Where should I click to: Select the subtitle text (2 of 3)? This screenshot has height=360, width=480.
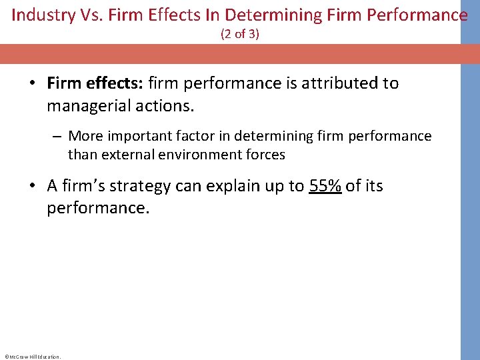point(240,33)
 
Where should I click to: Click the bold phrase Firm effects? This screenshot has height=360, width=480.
point(95,83)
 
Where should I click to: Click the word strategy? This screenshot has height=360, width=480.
point(142,186)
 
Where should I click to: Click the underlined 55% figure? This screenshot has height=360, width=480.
point(325,186)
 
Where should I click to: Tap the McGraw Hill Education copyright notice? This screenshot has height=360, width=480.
point(32,357)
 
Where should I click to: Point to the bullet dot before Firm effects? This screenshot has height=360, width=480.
point(32,84)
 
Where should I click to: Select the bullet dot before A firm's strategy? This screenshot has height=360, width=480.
point(32,187)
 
